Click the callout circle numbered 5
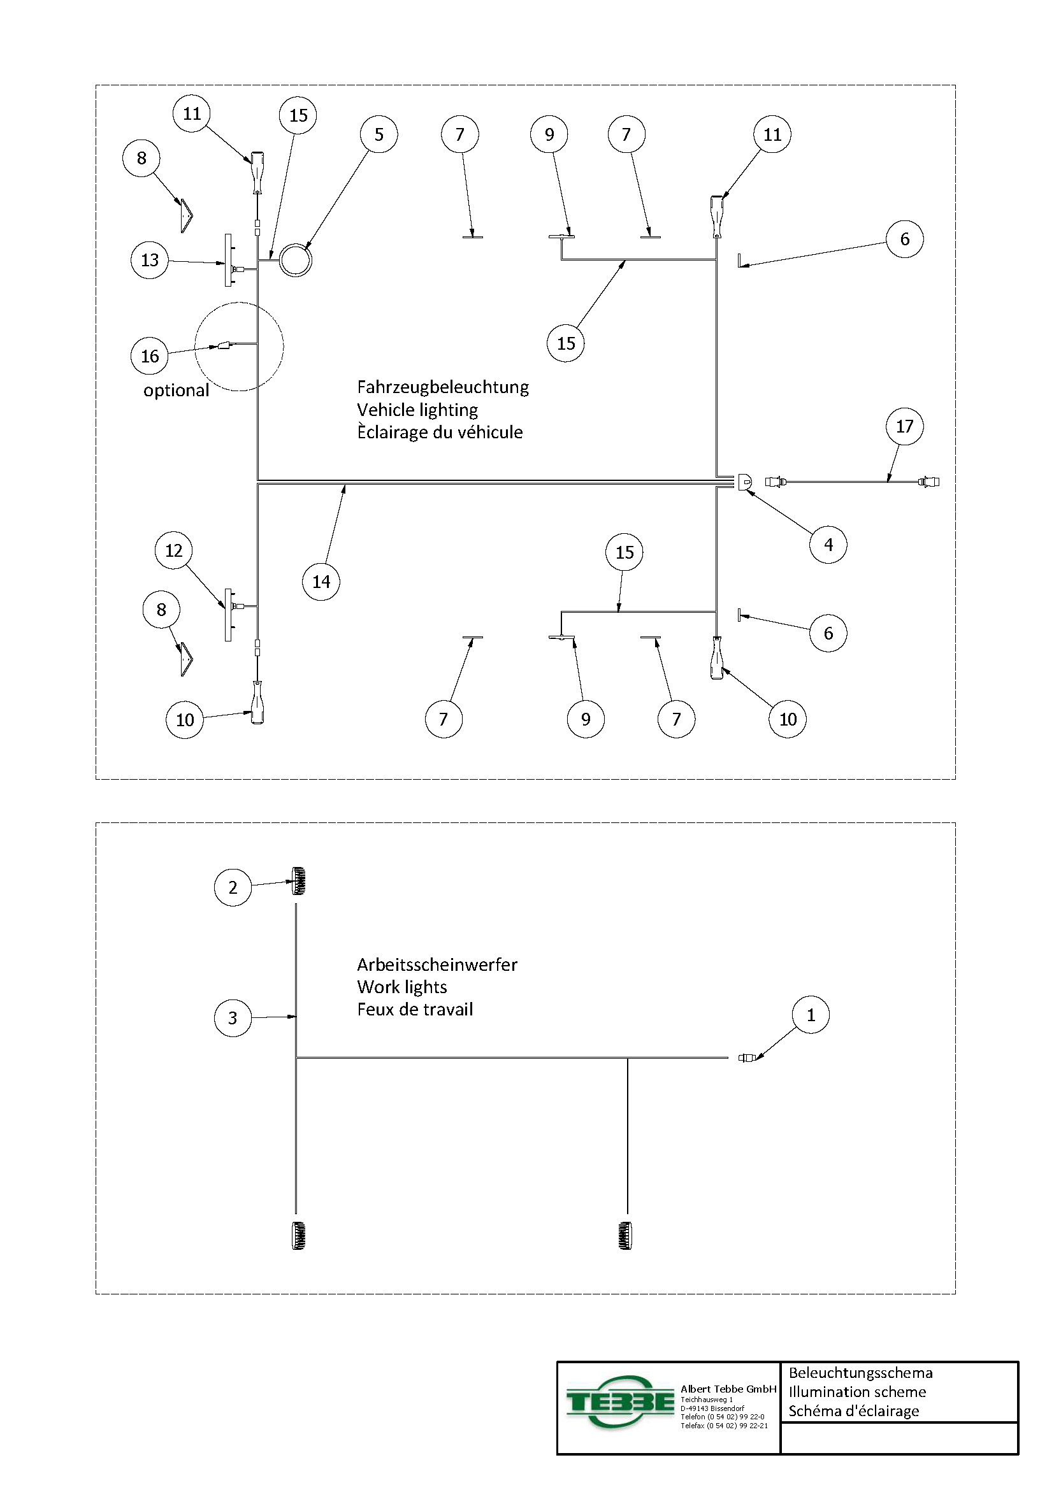pyautogui.click(x=379, y=134)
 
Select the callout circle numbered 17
pyautogui.click(x=905, y=426)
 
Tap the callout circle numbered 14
pyautogui.click(x=321, y=582)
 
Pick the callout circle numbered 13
pyautogui.click(x=150, y=261)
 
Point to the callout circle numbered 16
pyautogui.click(x=150, y=355)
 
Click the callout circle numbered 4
pyautogui.click(x=828, y=545)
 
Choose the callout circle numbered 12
pyautogui.click(x=174, y=550)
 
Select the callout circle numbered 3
pyautogui.click(x=233, y=1017)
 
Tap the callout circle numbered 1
pyautogui.click(x=811, y=1015)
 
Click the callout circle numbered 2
pyautogui.click(x=233, y=887)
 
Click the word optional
pyautogui.click(x=176, y=390)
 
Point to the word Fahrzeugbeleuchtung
pyautogui.click(x=443, y=387)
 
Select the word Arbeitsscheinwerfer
pyautogui.click(x=437, y=965)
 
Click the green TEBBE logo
pyautogui.click(x=620, y=1401)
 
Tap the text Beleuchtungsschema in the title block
pyautogui.click(x=860, y=1373)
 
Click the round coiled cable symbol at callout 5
pyautogui.click(x=296, y=261)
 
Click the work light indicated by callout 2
pyautogui.click(x=300, y=880)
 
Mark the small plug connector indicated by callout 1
pyautogui.click(x=747, y=1058)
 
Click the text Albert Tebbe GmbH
pyautogui.click(x=728, y=1389)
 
